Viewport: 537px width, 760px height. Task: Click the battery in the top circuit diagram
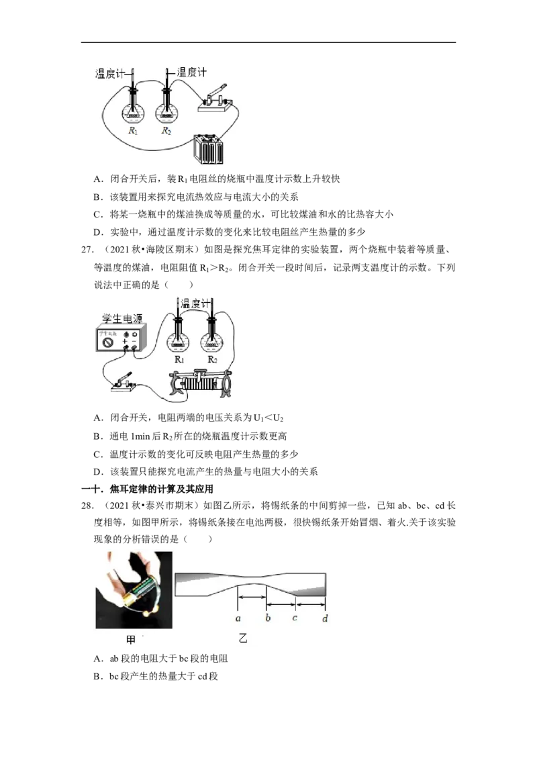point(208,149)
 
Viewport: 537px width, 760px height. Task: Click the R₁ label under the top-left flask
point(133,130)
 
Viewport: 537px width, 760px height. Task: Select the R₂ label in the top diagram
point(166,130)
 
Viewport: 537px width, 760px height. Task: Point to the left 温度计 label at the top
point(109,74)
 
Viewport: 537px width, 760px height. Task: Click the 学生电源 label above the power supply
point(122,318)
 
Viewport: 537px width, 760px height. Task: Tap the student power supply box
point(120,339)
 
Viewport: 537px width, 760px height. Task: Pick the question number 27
point(87,250)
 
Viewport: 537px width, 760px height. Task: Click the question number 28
point(87,506)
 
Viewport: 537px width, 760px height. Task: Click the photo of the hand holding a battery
point(134,590)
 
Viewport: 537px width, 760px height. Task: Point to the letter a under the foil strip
point(238,618)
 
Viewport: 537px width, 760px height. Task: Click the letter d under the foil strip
point(325,618)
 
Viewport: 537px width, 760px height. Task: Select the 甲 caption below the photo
point(131,640)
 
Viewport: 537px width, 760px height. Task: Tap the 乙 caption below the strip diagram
point(243,638)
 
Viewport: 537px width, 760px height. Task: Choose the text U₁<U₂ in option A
point(268,418)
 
